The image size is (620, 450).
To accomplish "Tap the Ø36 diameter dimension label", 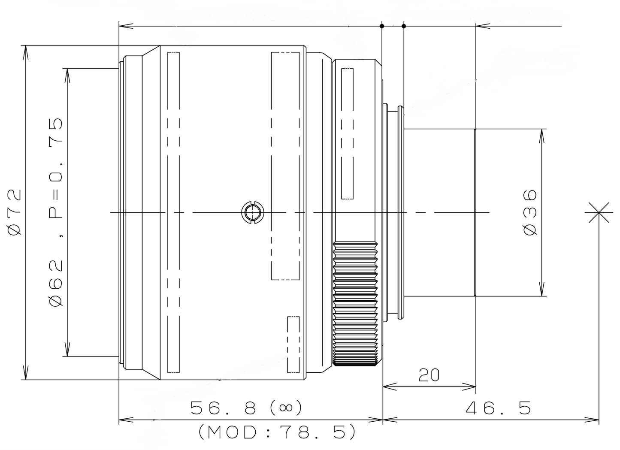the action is pyautogui.click(x=530, y=212).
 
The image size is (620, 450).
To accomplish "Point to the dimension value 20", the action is pyautogui.click(x=429, y=375).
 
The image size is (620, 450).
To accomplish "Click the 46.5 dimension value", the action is pyautogui.click(x=498, y=408).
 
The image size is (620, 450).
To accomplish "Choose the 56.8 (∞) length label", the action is pyautogui.click(x=246, y=408).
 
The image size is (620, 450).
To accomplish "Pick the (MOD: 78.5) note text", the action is pyautogui.click(x=277, y=432).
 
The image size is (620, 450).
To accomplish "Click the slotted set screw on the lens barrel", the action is pyautogui.click(x=252, y=212).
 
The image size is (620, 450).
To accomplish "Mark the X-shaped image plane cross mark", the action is pyautogui.click(x=599, y=212).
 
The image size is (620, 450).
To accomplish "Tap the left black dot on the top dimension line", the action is pyautogui.click(x=382, y=26).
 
